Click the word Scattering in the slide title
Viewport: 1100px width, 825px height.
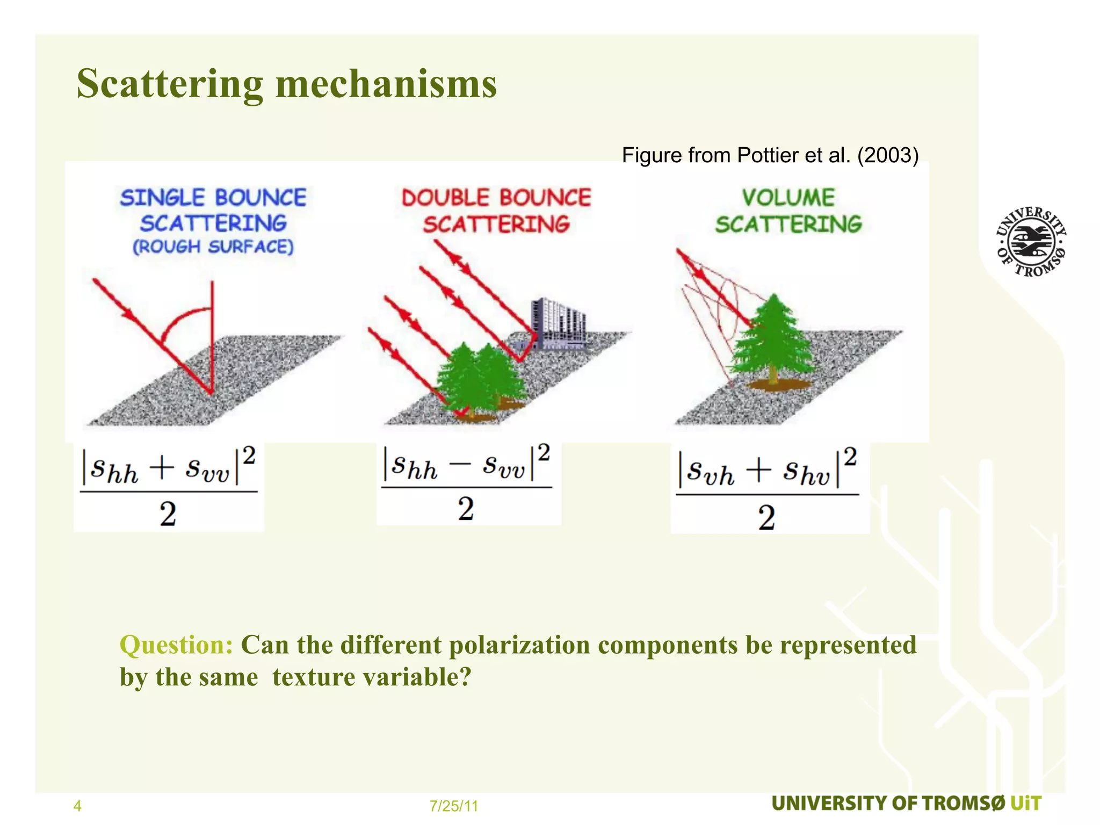(170, 84)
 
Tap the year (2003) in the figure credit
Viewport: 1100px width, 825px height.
(887, 155)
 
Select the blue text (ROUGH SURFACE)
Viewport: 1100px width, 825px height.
(213, 247)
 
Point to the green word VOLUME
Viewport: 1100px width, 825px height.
(788, 198)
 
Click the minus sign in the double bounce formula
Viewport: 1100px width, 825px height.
(460, 465)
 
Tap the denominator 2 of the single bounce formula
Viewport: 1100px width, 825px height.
(168, 514)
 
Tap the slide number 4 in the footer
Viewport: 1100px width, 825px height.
(77, 806)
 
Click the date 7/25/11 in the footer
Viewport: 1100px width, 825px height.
(454, 806)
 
